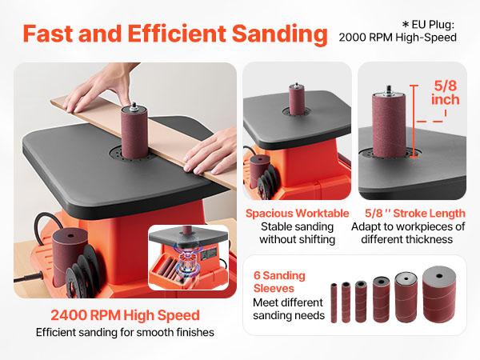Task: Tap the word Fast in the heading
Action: pyautogui.click(x=56, y=35)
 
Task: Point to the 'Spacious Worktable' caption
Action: pyautogui.click(x=297, y=214)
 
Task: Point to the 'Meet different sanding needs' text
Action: pyautogui.click(x=288, y=309)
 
